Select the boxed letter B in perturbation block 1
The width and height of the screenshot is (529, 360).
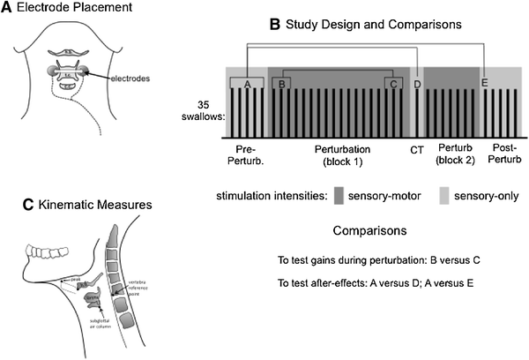tap(281, 83)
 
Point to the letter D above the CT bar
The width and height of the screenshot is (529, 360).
tap(417, 83)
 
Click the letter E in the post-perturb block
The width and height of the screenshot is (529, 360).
tap(484, 83)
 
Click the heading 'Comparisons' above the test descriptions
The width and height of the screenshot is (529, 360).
tap(370, 230)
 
